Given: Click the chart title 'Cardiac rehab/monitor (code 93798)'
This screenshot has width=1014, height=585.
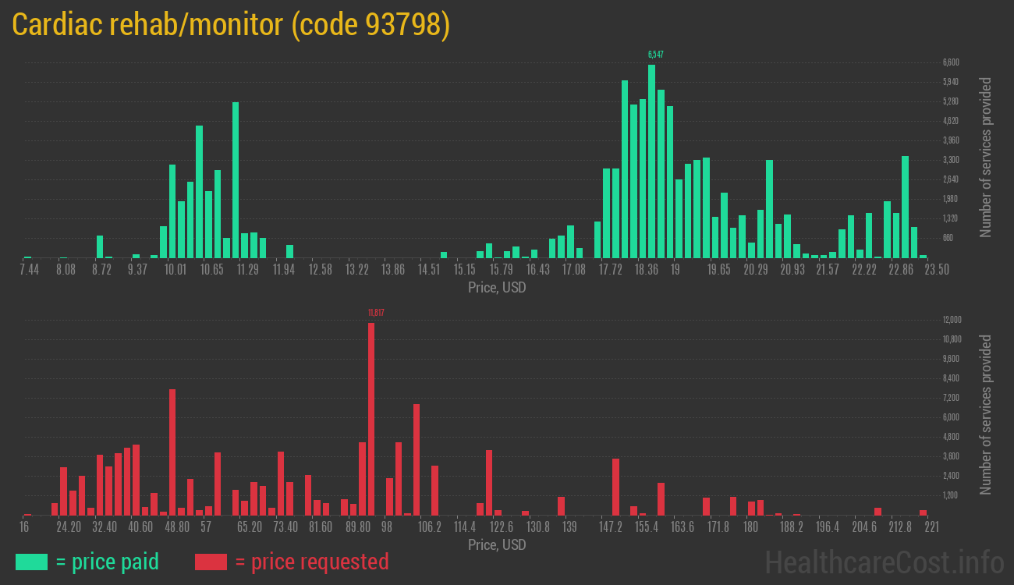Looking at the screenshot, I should point(232,25).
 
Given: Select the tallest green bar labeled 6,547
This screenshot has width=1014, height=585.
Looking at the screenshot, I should point(651,161).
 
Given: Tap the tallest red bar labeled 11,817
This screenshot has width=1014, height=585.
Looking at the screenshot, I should point(371,418).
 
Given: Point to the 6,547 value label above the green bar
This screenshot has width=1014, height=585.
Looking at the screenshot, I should point(656,55).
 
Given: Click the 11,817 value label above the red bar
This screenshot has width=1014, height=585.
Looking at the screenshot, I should point(376,313).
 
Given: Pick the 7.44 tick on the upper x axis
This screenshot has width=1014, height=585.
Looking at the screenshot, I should point(29,270).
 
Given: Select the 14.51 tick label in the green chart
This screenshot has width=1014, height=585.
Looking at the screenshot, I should point(429,270).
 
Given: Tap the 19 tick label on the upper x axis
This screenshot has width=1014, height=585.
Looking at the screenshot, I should point(675,270).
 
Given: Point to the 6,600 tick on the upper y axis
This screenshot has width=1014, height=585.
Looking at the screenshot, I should point(951,62).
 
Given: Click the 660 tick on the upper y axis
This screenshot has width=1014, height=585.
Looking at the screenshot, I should point(948,238).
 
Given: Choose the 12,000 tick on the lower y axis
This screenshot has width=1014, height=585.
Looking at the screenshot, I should point(952,320).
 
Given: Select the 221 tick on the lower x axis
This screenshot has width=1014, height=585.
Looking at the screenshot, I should point(931,527).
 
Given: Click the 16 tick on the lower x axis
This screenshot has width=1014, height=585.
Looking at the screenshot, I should point(24,527).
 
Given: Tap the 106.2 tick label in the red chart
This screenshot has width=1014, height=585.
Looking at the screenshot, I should point(430,527).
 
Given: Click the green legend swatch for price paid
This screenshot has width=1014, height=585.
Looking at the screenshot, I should point(31,562).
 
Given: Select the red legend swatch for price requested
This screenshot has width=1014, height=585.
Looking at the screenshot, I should point(211,562).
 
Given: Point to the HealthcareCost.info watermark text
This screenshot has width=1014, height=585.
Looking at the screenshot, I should point(884,562).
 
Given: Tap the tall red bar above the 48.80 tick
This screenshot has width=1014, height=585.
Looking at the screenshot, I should point(172,452).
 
